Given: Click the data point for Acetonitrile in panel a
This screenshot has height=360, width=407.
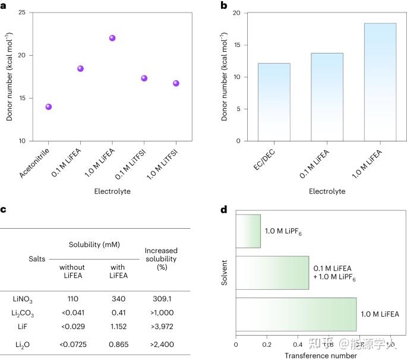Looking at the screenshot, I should pyautogui.click(x=49, y=107).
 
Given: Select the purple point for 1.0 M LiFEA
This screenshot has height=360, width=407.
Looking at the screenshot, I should pyautogui.click(x=112, y=38).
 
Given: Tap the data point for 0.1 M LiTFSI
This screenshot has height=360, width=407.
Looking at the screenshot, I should pyautogui.click(x=144, y=78).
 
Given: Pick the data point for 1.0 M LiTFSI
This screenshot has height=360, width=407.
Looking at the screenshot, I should pyautogui.click(x=176, y=83).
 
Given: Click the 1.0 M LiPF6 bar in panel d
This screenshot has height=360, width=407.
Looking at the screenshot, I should pyautogui.click(x=248, y=231).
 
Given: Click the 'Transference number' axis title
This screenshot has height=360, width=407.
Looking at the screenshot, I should pyautogui.click(x=313, y=355).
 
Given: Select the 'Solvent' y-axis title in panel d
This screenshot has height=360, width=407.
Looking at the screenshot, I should pyautogui.click(x=225, y=272).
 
